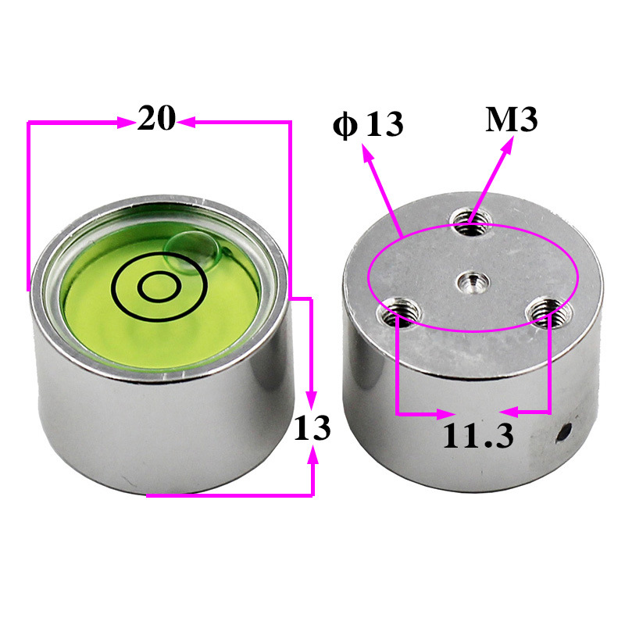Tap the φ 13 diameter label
[x=368, y=125]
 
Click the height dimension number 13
[x=312, y=427]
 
